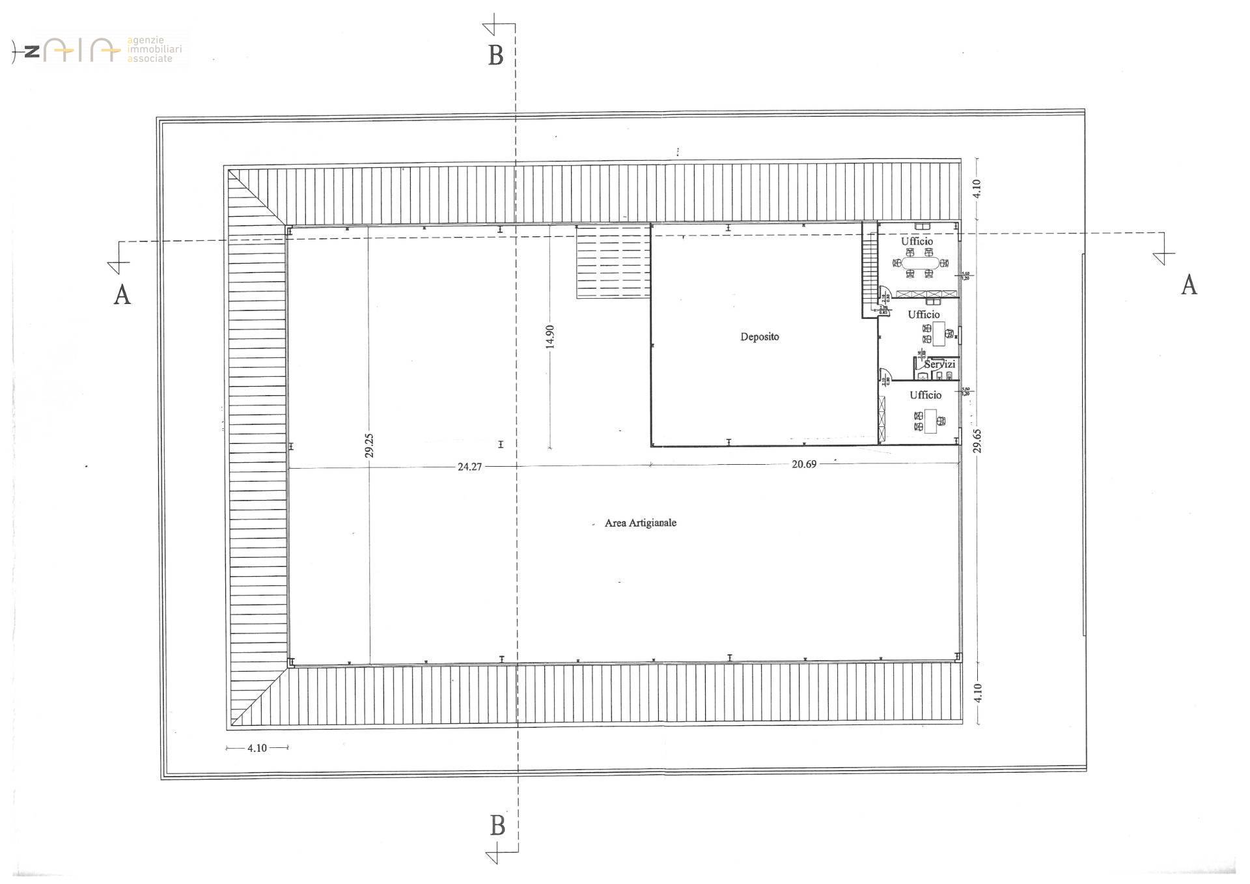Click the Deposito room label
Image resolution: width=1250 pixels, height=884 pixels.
click(759, 337)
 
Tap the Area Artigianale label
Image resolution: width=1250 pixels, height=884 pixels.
click(640, 523)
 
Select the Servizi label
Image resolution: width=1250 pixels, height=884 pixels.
click(939, 365)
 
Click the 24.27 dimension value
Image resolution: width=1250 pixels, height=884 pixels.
click(469, 467)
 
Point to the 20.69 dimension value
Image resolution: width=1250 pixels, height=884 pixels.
click(803, 464)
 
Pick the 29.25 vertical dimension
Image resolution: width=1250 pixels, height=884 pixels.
click(369, 446)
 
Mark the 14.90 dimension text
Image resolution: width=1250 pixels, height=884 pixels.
click(550, 337)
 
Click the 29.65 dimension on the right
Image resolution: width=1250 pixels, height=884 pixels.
click(977, 440)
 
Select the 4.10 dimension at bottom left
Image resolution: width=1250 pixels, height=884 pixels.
click(257, 748)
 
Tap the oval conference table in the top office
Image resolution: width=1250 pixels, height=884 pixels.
click(919, 263)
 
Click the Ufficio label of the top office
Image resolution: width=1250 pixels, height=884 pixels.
click(917, 242)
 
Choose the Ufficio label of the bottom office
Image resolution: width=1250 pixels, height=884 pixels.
click(925, 395)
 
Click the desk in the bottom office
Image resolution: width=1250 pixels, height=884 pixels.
click(930, 420)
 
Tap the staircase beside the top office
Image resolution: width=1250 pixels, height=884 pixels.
click(869, 274)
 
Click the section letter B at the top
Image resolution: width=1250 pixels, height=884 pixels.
click(495, 56)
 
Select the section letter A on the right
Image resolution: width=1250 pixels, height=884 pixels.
click(1189, 285)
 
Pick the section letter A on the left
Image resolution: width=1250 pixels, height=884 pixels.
click(122, 294)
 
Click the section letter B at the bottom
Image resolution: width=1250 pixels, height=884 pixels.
click(497, 825)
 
